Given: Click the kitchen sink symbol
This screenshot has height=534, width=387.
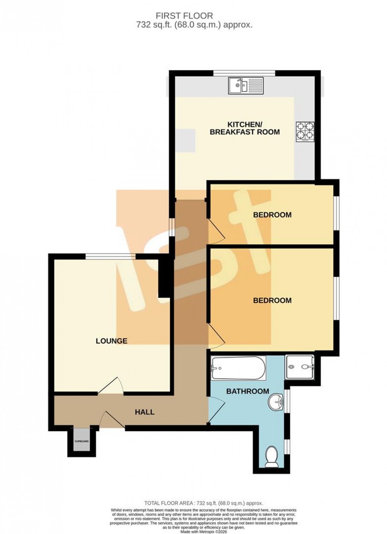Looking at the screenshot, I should coord(245,85).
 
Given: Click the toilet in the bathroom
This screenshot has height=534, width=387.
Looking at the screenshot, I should coord(272,457).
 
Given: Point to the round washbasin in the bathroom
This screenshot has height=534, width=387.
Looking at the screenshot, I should coord(276,401).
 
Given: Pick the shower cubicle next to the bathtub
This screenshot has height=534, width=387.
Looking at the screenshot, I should coord(300,367).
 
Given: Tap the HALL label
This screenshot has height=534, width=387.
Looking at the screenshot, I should coord(145,412).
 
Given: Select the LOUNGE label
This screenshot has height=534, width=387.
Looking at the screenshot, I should coord(111,341).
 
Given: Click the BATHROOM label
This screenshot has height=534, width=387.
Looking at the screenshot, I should coord(247,391).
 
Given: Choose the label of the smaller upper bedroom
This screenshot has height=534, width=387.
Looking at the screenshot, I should coord(272,215).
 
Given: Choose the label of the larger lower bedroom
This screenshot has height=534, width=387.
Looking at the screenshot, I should coord(272,300).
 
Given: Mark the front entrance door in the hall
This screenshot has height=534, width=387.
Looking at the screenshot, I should coord(113,420).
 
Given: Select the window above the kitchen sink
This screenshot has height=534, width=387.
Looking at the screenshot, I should coord(244,73).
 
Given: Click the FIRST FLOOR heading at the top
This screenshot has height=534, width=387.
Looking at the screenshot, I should coord(184,16).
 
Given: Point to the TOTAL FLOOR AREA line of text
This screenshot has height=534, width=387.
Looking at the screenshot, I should coord(203,503).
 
